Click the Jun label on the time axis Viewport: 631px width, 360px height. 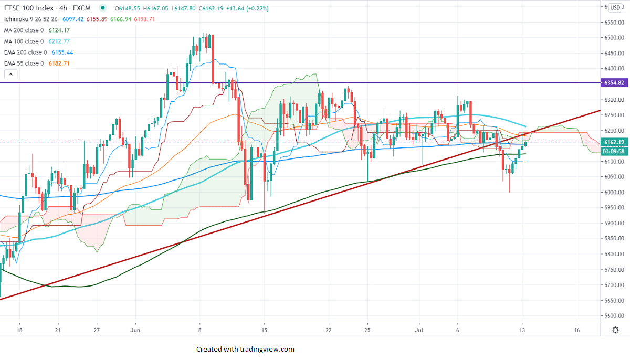tap(135, 330)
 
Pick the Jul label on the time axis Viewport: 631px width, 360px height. tap(419, 330)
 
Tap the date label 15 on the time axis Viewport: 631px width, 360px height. tap(265, 330)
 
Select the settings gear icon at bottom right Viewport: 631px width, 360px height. tap(616, 330)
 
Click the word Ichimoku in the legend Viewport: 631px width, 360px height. tap(16, 19)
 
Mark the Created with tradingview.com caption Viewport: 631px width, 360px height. tap(245, 349)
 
